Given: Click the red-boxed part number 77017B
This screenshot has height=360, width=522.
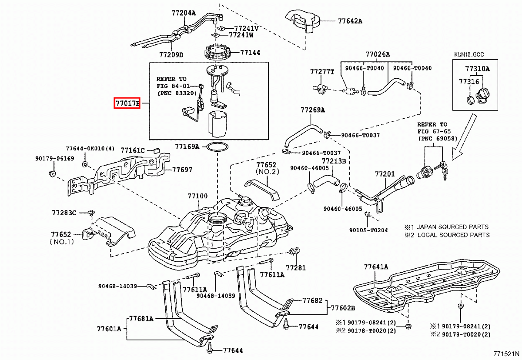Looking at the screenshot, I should pos(127,103).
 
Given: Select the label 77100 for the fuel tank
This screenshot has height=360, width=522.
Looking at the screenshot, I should pos(198,197).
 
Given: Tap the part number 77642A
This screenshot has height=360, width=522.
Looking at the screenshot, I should pos(350,21).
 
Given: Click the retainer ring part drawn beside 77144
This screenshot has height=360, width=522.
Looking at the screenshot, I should pos(217,53).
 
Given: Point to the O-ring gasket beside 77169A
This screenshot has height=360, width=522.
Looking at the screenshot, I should pos(217,147).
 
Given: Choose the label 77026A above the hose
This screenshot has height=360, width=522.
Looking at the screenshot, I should pos(378,54).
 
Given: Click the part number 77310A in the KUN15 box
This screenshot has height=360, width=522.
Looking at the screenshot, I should pos(477,69).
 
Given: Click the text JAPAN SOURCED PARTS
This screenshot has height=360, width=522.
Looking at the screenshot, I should pos(452,227).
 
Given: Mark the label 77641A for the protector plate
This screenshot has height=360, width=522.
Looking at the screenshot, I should pos(376,267).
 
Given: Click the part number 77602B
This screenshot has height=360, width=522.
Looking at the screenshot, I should pos(343,308).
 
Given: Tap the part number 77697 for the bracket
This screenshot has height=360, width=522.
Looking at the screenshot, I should pos(182,170).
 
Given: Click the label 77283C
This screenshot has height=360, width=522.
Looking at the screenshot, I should pos(64,213).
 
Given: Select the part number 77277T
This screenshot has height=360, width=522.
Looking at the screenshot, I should pos(322,71).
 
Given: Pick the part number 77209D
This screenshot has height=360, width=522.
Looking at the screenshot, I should pos(171,55).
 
